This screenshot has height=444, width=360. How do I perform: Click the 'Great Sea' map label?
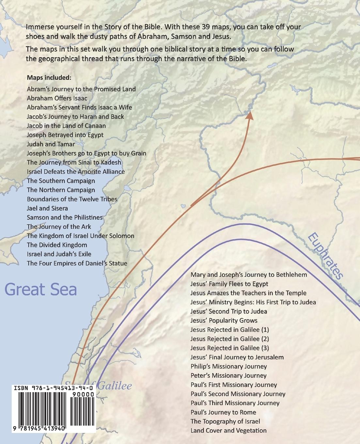pos(41,290)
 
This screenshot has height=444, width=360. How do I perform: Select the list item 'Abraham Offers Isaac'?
pos(57,98)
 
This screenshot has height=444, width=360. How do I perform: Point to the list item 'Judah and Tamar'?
pos(51,144)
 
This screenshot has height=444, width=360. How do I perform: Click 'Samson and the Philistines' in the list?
pos(65,217)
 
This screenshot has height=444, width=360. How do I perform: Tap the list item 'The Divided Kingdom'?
pos(57,245)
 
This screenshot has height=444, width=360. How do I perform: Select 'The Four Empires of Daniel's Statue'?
pos(77,263)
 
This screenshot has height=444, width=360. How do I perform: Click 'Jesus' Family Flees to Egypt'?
pos(229,284)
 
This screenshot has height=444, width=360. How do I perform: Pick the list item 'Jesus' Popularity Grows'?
pos(224,320)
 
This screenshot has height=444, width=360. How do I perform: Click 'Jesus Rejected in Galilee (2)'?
pos(230,339)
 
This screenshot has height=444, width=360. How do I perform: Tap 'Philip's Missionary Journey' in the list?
pos(229,366)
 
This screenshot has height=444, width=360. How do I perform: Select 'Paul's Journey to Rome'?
pos(223,412)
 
